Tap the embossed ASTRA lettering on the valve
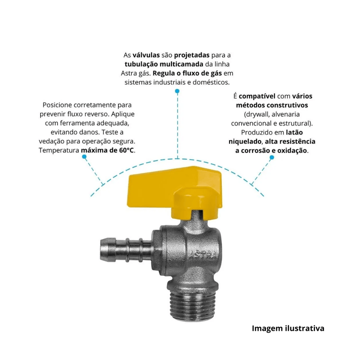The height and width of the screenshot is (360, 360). pyautogui.click(x=203, y=255)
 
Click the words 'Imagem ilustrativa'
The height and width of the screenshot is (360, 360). pyautogui.click(x=288, y=328)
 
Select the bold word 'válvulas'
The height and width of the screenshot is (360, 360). pyautogui.click(x=146, y=55)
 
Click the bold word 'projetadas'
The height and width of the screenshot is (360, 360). pyautogui.click(x=192, y=55)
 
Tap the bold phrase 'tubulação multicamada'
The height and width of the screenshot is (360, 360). pyautogui.click(x=164, y=64)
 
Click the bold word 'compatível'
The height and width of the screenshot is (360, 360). pyautogui.click(x=257, y=96)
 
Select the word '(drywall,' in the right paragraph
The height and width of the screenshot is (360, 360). pyautogui.click(x=256, y=114)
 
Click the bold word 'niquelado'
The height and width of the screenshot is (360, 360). pyautogui.click(x=245, y=142)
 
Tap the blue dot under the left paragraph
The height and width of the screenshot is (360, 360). pyautogui.click(x=84, y=157)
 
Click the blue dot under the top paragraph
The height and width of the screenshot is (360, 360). pyautogui.click(x=177, y=91)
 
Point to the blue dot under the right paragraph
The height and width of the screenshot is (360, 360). pyautogui.click(x=272, y=157)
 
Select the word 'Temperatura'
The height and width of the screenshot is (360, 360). pyautogui.click(x=59, y=150)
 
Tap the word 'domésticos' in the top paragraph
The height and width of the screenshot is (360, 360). pyautogui.click(x=211, y=82)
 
